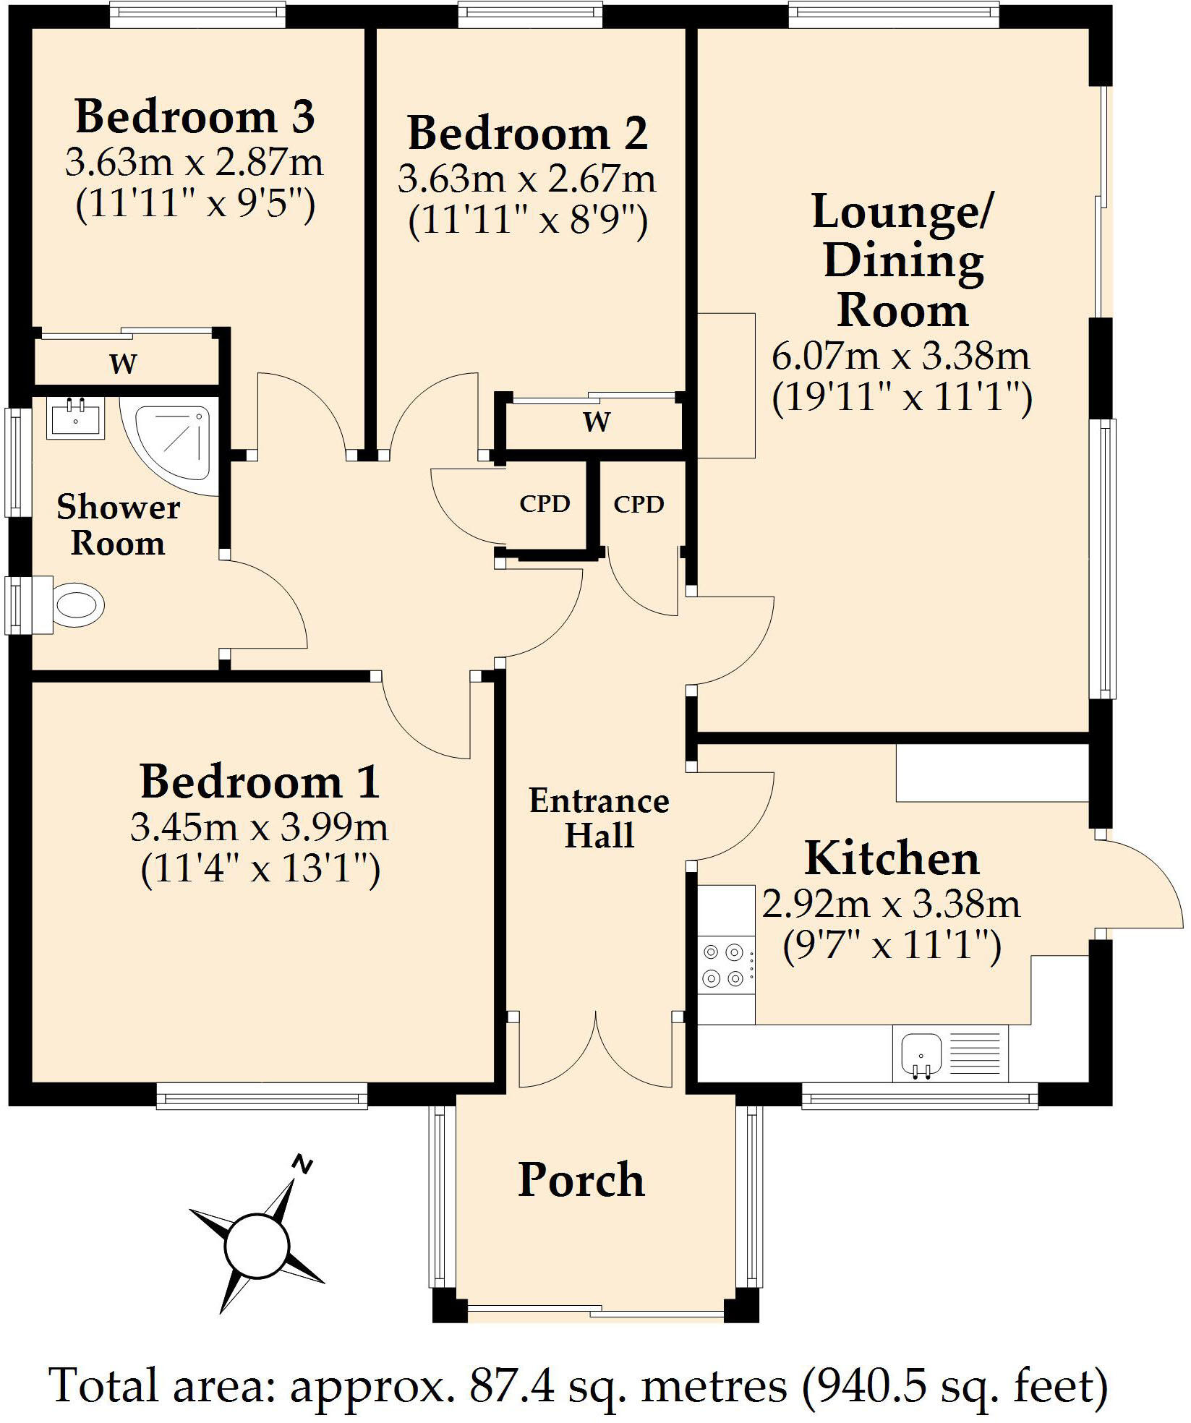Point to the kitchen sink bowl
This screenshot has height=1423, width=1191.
[921, 1052]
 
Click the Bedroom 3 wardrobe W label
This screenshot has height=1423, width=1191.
[123, 364]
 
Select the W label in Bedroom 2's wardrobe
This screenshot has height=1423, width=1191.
[597, 422]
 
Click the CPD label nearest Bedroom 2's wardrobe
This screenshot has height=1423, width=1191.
[545, 504]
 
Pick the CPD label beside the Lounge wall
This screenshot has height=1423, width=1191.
[639, 504]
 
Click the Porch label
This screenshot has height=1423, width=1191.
[581, 1181]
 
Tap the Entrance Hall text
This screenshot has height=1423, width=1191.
[599, 818]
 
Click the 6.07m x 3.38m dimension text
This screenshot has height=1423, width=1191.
[901, 356]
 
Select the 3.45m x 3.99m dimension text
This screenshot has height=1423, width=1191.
[260, 828]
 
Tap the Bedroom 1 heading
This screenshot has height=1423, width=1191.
[260, 782]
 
